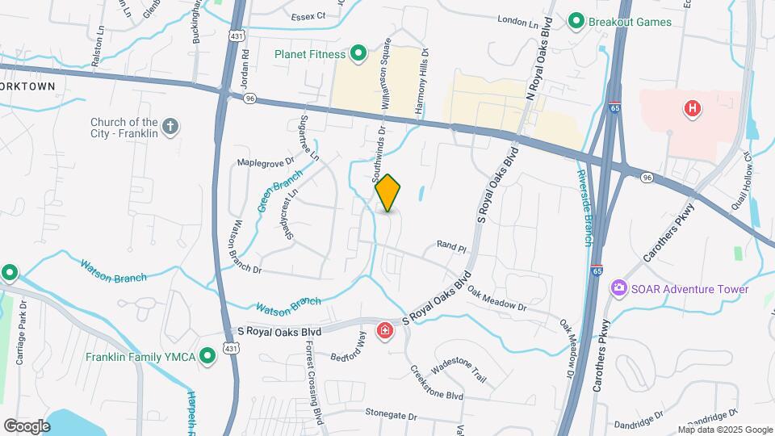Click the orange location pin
click(x=387, y=193)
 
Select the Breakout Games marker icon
click(x=576, y=21)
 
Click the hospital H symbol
click(x=691, y=108)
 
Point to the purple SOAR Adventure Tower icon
click(x=619, y=288)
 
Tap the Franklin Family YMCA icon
click(x=207, y=354)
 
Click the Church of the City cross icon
click(x=170, y=126)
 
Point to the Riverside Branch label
click(x=586, y=208)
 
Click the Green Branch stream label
click(x=280, y=191)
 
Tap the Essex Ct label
click(x=308, y=15)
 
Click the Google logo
click(x=27, y=426)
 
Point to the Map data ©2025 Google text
click(x=724, y=430)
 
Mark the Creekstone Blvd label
click(x=437, y=384)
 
